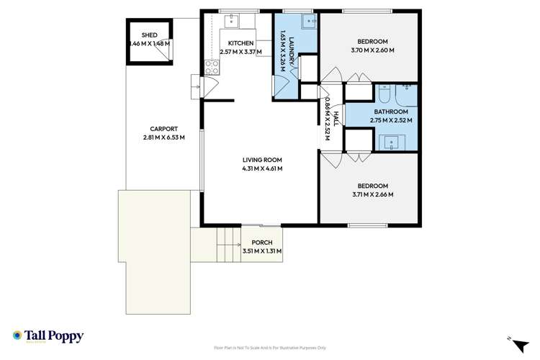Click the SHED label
click(x=149, y=35)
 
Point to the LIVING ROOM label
click(x=261, y=160)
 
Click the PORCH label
click(x=261, y=243)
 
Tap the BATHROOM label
click(x=391, y=112)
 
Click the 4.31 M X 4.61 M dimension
click(x=261, y=168)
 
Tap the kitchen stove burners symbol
click(x=212, y=68)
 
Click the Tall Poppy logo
click(x=48, y=336)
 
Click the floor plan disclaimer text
click(x=270, y=346)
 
